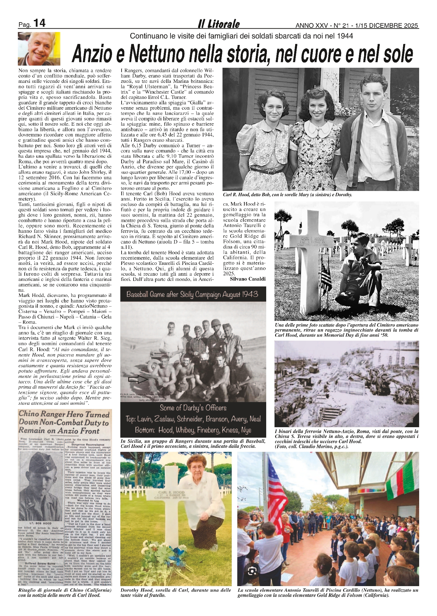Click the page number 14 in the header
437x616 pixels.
pos(39,23)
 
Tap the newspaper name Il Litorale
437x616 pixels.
pos(218,24)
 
